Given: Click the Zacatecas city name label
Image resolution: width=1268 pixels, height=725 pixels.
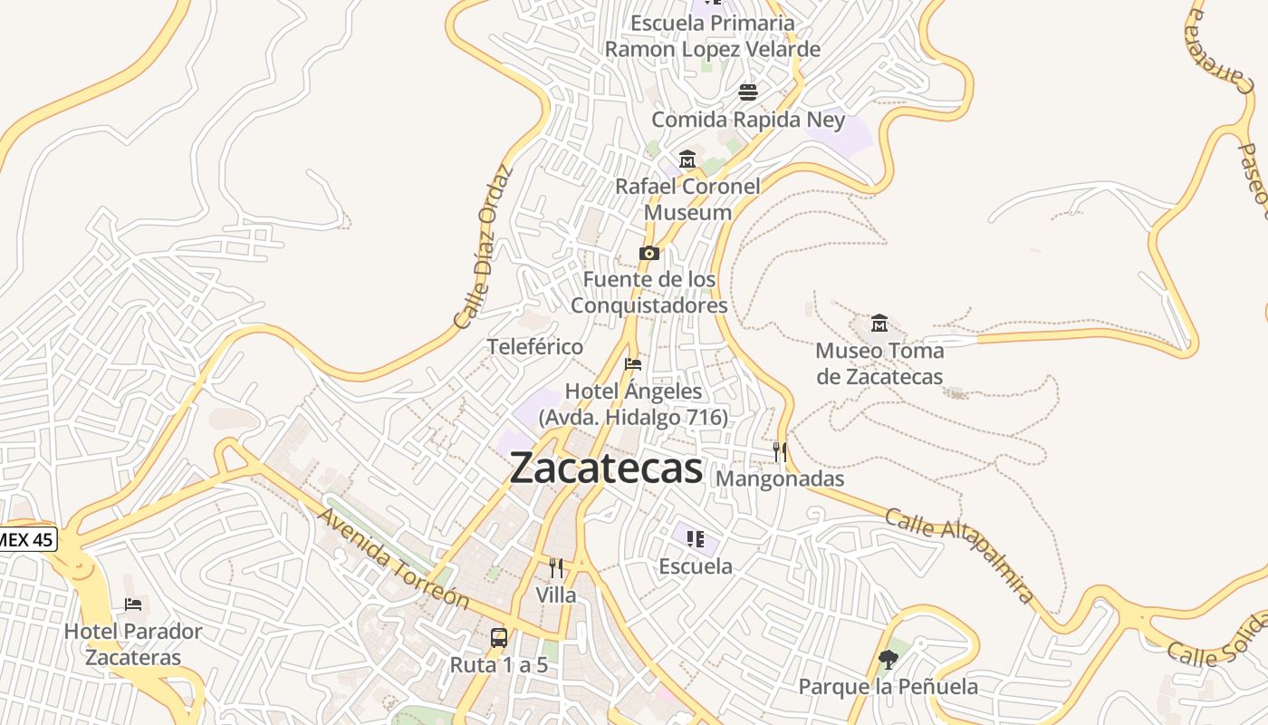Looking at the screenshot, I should [x=606, y=469].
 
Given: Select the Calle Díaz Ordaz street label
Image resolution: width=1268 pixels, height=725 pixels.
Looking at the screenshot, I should [x=483, y=246].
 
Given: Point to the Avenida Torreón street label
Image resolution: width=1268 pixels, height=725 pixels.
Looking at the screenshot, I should [x=394, y=558].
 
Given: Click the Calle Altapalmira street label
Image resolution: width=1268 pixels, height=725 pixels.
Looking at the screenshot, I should [x=959, y=556].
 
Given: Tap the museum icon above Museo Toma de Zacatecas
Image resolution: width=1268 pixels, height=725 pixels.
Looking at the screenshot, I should [x=879, y=324].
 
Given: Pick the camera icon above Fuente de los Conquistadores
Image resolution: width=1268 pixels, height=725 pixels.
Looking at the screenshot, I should [x=648, y=253].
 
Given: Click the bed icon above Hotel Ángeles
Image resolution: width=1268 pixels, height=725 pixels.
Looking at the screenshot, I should [x=633, y=364].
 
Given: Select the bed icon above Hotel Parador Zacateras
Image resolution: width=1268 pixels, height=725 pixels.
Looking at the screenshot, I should [x=133, y=604].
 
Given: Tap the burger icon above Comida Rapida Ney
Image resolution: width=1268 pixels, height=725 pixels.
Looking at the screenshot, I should [x=748, y=92].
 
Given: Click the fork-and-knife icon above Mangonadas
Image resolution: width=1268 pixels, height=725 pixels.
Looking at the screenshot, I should [x=780, y=451].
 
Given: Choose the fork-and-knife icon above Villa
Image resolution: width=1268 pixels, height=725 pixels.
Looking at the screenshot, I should [x=556, y=568].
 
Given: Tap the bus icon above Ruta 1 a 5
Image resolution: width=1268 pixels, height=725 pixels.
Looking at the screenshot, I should [x=499, y=637].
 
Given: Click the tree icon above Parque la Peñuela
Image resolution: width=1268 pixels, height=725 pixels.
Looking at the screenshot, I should [x=888, y=660].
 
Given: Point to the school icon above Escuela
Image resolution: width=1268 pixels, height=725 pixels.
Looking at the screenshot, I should [x=696, y=540].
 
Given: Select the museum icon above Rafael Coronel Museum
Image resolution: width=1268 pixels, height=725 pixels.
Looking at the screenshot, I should [x=687, y=159].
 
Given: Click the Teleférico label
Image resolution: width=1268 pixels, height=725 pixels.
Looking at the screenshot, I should [x=535, y=346].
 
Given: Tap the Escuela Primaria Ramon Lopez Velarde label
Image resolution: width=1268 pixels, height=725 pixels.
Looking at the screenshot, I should [x=713, y=36].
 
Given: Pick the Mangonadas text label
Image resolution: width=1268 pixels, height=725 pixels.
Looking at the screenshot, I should [x=780, y=478].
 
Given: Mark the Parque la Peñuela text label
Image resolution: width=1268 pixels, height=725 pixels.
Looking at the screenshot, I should [x=888, y=687].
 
